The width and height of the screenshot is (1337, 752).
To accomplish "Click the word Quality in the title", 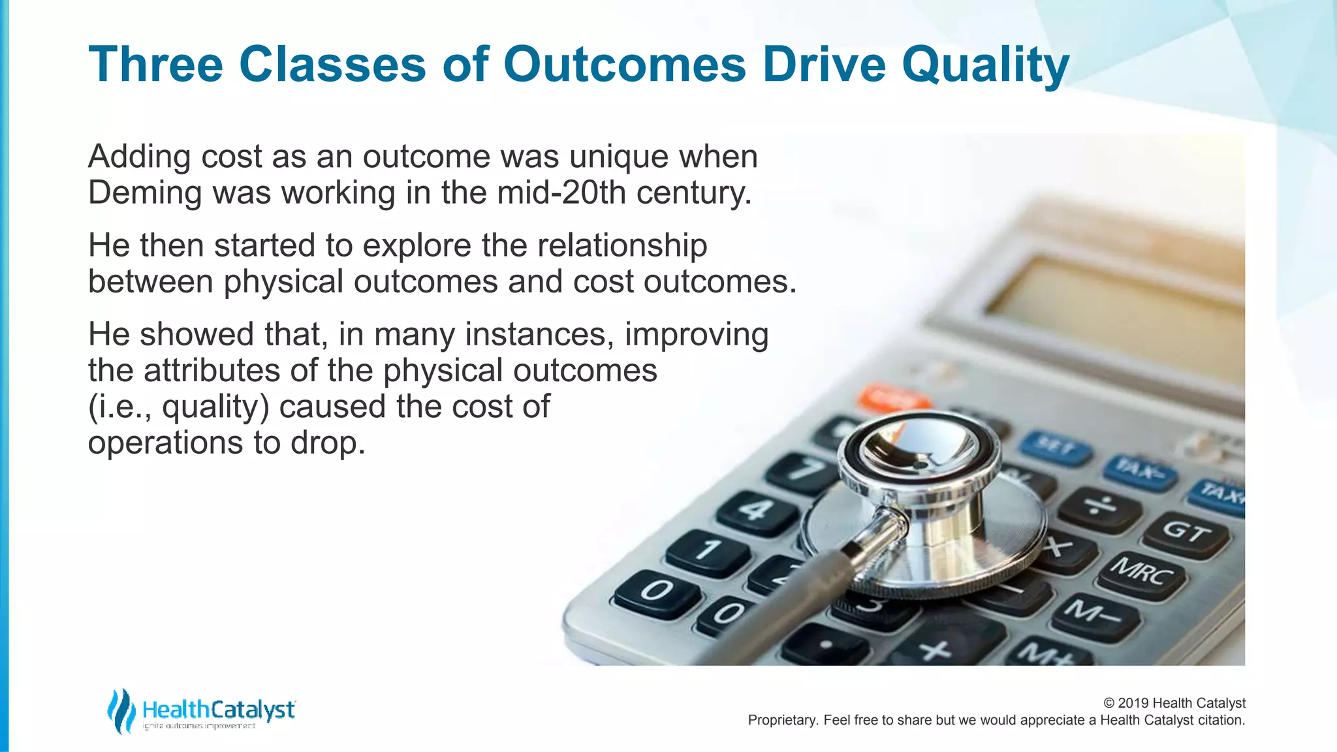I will (985, 65).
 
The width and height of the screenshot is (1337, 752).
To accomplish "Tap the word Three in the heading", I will (155, 64).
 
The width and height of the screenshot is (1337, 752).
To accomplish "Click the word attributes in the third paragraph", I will (212, 370).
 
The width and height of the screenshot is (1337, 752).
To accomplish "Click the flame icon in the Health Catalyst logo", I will (121, 711).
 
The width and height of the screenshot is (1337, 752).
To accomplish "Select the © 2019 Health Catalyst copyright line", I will (1174, 703).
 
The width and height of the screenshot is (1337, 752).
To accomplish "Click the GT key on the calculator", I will (1186, 532).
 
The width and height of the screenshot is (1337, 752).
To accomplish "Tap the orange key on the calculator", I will (892, 398).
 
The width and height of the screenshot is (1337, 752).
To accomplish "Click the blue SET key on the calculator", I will (1054, 448).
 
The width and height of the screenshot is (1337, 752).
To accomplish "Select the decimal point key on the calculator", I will (826, 645).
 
